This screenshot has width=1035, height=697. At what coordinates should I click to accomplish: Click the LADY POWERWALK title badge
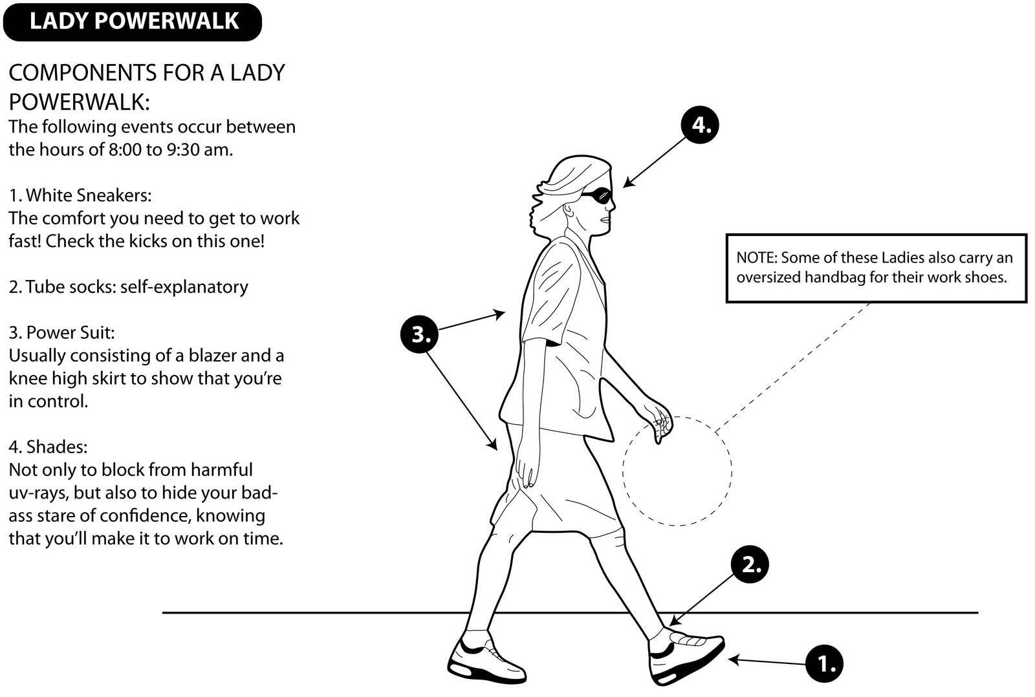pos(133,22)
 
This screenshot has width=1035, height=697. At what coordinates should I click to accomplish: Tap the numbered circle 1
pos(825,663)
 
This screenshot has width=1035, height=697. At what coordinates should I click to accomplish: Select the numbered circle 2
pos(750,564)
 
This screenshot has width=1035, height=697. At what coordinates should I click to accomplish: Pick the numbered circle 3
pos(419,335)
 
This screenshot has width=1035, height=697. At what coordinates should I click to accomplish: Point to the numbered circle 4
pos(701,124)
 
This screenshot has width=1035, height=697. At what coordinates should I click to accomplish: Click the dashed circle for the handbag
pos(677,471)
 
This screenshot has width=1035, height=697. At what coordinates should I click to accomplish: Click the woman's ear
pos(569,210)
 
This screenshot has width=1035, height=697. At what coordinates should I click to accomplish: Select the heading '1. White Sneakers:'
pos(80,195)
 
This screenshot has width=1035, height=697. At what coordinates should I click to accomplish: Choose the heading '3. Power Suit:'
pos(61,332)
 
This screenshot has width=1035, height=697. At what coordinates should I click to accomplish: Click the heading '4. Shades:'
pos(48,447)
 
